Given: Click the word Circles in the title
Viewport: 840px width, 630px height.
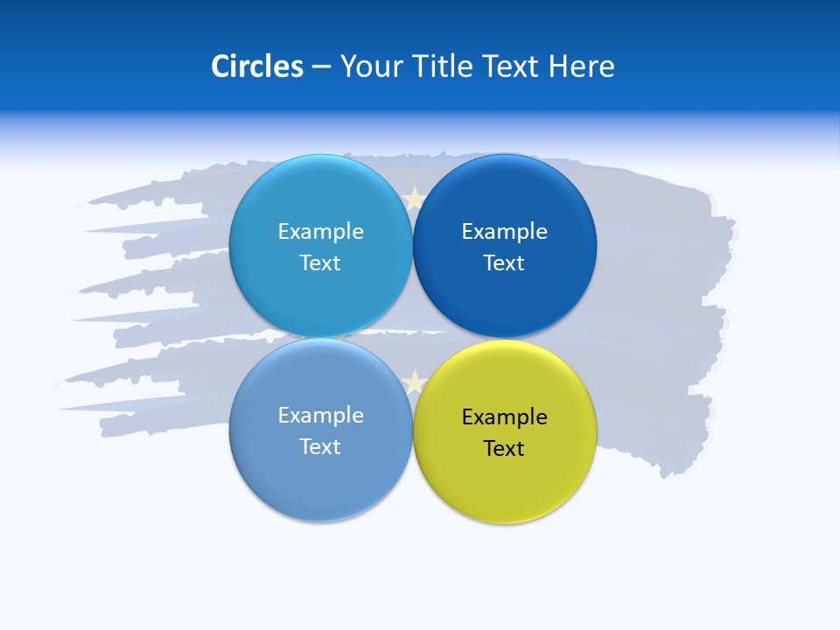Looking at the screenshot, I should (256, 66).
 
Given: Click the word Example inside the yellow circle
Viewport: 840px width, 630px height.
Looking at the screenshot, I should (504, 417).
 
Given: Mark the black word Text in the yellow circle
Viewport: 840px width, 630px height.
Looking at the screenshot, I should (504, 449).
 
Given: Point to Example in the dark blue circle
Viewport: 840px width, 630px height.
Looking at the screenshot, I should (504, 232).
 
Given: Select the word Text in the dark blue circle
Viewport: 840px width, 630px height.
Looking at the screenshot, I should (504, 263).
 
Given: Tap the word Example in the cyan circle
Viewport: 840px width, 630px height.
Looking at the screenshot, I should (320, 232).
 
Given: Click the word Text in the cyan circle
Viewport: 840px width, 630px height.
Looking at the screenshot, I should (320, 263).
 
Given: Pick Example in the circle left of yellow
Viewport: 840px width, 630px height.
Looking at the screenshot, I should (320, 416).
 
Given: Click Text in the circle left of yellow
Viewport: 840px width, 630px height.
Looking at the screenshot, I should (320, 447).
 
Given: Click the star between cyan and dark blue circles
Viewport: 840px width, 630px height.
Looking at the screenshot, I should (414, 199).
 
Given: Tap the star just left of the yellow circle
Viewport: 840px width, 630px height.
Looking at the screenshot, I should (414, 381).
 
